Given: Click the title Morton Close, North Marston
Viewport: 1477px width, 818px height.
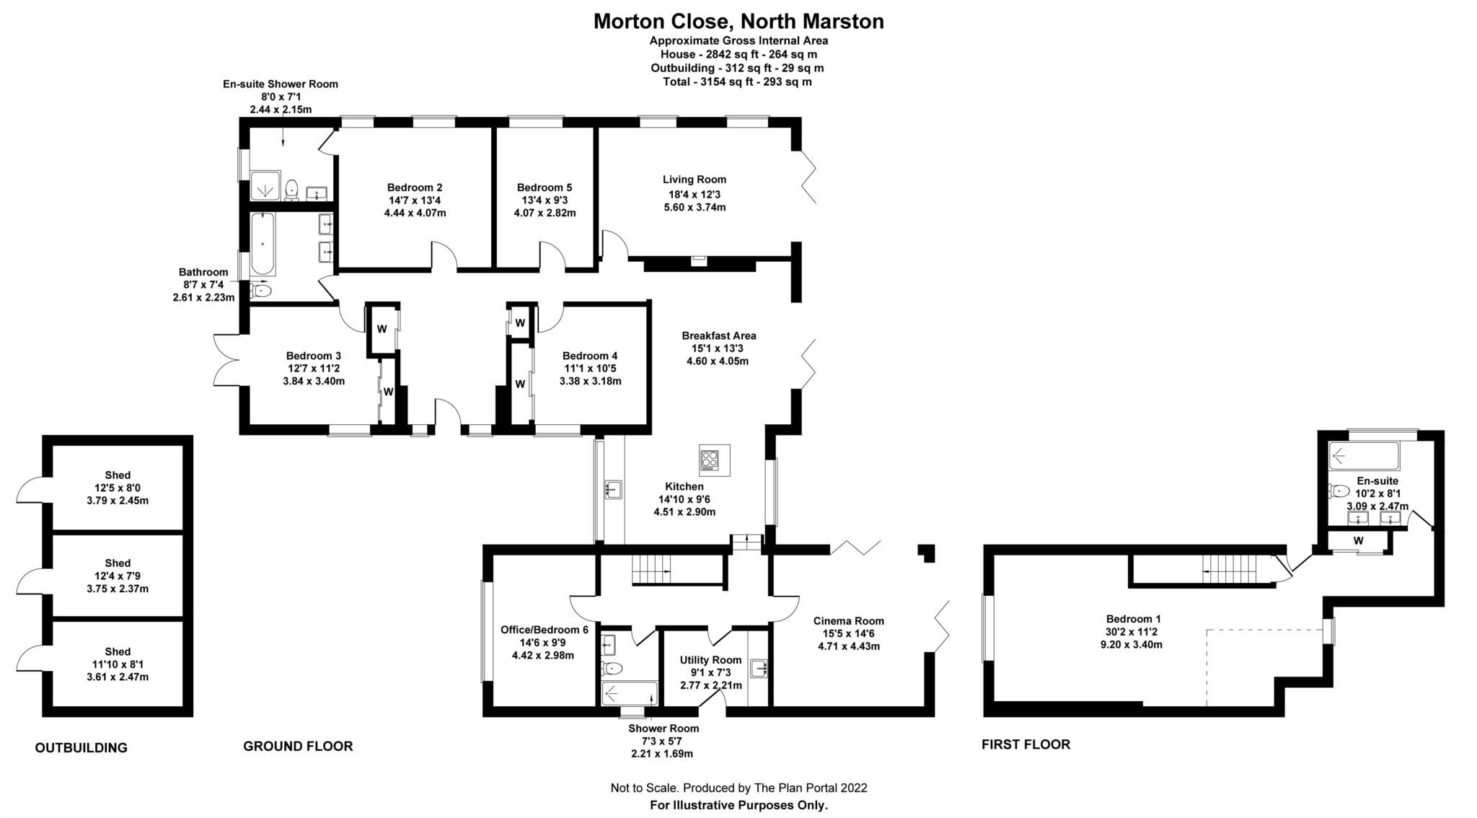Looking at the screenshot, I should (738, 22).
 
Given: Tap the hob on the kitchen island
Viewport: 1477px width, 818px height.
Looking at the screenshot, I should (709, 460).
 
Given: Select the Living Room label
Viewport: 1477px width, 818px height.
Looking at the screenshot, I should (695, 180).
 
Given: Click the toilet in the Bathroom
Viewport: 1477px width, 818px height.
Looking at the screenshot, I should (261, 291).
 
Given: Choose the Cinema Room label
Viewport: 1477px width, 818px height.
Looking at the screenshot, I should (848, 621).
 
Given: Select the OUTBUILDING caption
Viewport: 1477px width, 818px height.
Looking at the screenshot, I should (81, 748).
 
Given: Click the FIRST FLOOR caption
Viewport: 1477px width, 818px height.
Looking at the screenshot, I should (1026, 744).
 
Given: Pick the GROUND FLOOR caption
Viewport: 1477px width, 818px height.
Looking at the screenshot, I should (298, 747).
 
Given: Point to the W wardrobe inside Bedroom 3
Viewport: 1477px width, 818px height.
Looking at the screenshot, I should (388, 392).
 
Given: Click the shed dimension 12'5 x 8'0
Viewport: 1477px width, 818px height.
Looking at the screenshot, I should (118, 488).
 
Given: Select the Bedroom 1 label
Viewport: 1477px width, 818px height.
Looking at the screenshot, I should (1134, 619).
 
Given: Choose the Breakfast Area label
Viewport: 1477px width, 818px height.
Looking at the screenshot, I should (718, 335).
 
